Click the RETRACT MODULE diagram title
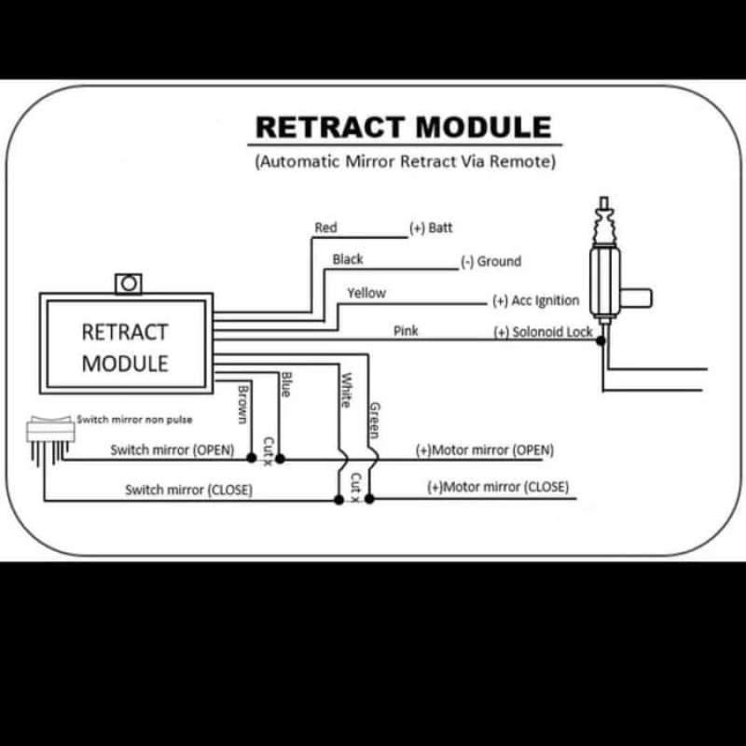click(404, 127)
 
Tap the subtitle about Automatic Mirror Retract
click(405, 160)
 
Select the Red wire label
click(325, 228)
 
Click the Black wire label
click(348, 259)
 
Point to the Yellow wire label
click(366, 293)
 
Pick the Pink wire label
click(406, 331)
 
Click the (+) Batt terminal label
click(431, 228)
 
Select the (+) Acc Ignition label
click(535, 300)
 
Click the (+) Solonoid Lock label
click(543, 332)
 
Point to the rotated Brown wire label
click(243, 404)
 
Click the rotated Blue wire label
click(286, 384)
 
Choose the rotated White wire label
click(345, 390)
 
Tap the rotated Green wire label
click(374, 420)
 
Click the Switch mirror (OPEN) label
click(172, 449)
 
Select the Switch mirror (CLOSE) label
click(189, 490)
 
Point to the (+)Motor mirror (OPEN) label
click(484, 449)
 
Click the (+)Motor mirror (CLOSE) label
click(497, 487)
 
